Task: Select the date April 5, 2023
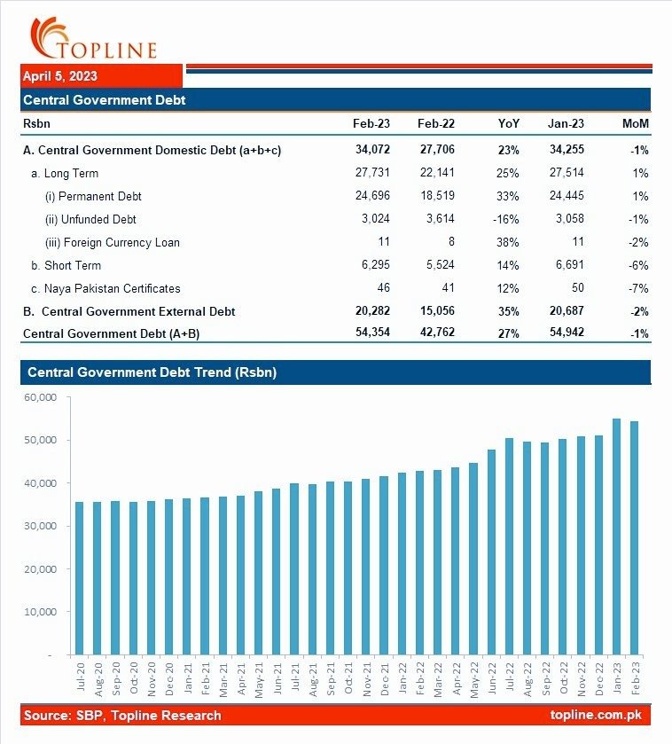pyautogui.click(x=60, y=76)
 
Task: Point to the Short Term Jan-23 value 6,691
pyautogui.click(x=567, y=265)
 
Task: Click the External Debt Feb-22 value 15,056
pyautogui.click(x=436, y=311)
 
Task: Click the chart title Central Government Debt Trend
pyautogui.click(x=152, y=372)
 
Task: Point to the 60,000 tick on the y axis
pyautogui.click(x=41, y=397)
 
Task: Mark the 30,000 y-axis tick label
pyautogui.click(x=41, y=526)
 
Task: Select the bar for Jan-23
pyautogui.click(x=616, y=536)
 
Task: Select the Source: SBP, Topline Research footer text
pyautogui.click(x=122, y=715)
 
